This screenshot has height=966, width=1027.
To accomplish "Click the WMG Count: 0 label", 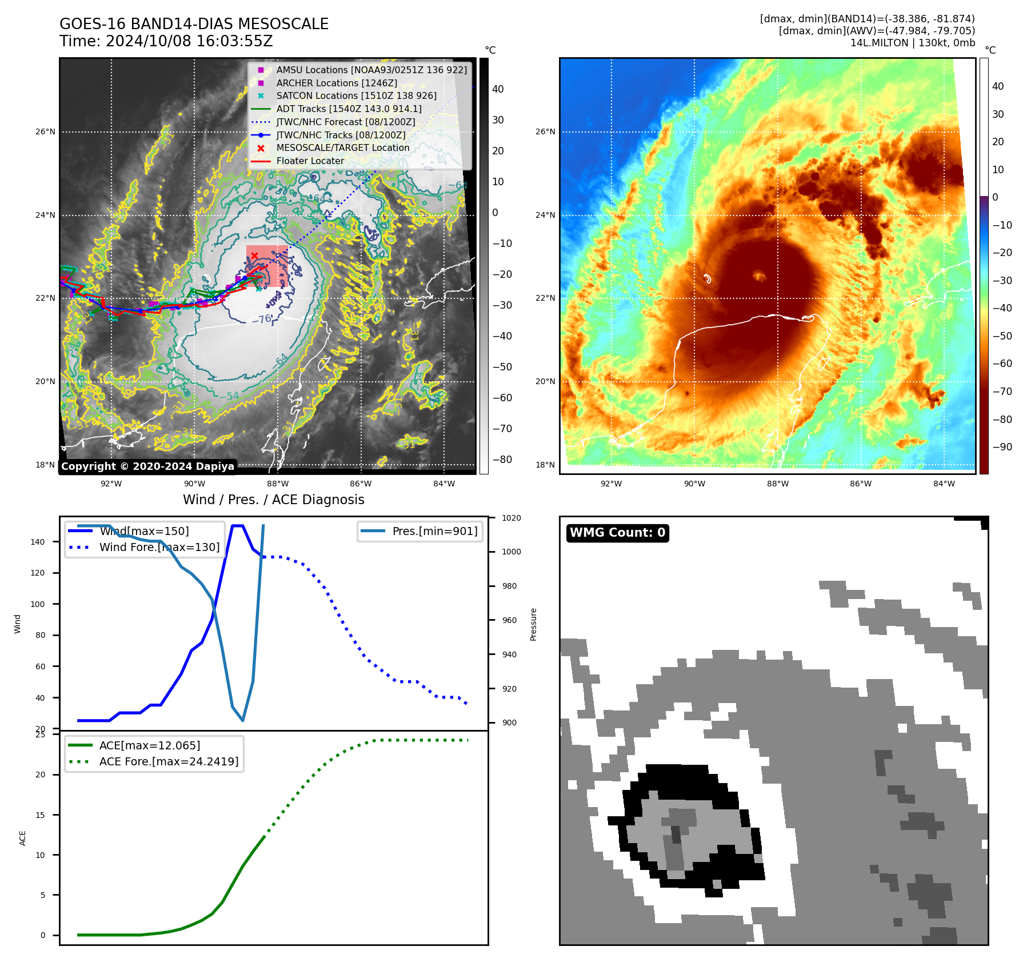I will (x=617, y=533).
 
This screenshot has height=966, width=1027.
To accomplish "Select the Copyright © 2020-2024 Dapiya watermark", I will (x=147, y=466).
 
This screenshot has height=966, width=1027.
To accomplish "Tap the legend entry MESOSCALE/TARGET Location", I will (x=343, y=148).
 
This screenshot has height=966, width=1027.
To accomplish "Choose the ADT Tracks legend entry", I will (x=349, y=109).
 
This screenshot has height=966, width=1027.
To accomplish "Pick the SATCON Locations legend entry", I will (x=356, y=96).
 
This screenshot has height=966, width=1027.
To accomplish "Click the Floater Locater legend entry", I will (x=310, y=161).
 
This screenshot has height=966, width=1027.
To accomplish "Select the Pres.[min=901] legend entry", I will (x=434, y=531).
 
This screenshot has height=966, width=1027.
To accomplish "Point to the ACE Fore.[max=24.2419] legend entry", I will (x=169, y=761).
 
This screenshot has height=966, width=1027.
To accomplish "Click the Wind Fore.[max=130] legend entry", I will (x=159, y=547).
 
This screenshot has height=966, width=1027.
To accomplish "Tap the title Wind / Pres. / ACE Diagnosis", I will (x=273, y=500).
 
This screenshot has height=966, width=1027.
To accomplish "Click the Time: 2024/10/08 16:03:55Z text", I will (x=166, y=42).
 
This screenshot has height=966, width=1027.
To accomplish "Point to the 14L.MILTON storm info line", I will (x=912, y=43).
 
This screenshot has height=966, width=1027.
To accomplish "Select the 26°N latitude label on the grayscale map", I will (x=46, y=132).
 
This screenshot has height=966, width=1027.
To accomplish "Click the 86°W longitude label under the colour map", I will (x=861, y=484).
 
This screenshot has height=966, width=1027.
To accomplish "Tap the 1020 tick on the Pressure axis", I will (x=511, y=518).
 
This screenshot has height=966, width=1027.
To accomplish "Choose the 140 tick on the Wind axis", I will (x=38, y=542).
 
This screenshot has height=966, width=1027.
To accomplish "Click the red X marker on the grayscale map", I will (x=254, y=256).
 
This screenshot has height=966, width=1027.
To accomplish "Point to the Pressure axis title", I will (x=533, y=624).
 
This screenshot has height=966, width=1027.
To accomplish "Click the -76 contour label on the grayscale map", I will (x=263, y=319).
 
